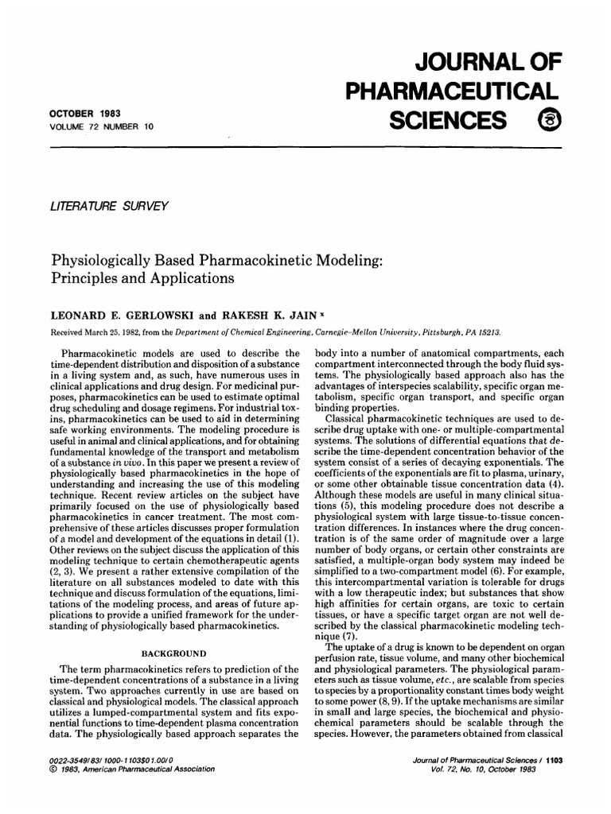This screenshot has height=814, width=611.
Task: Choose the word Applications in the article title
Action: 180,279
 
